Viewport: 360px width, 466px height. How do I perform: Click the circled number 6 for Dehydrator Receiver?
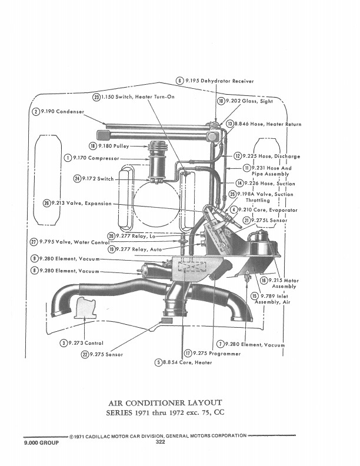pos(179,81)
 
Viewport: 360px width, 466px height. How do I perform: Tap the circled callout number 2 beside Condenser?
pos(36,112)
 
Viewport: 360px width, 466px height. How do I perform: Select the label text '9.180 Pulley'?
pos(114,146)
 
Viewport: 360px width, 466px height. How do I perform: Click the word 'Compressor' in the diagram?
pos(104,158)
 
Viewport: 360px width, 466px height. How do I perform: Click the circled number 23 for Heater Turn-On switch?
pos(96,97)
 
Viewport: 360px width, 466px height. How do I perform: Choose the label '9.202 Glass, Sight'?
pos(249,101)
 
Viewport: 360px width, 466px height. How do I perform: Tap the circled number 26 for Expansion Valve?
pos(47,203)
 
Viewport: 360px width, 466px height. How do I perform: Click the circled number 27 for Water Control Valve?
pos(34,242)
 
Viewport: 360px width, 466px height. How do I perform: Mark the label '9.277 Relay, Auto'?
pos(139,249)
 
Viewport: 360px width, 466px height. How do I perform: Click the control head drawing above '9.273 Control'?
pos(85,308)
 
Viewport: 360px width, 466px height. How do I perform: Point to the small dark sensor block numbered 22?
pos(166,320)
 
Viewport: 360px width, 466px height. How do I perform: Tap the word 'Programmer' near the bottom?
pos(225,354)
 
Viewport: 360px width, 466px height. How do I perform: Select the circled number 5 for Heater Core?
pos(158,362)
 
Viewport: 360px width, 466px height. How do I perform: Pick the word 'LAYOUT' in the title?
pos(205,402)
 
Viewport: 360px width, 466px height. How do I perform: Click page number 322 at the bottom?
pos(161,442)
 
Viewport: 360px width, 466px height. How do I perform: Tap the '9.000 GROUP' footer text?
pos(41,442)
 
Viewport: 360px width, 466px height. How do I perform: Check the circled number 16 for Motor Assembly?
pos(264,280)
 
